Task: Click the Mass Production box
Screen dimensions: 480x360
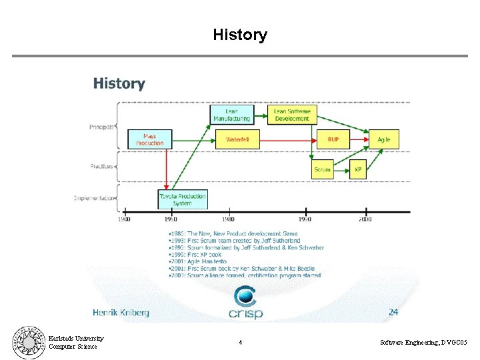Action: (149, 139)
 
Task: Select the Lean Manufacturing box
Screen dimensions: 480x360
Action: (231, 115)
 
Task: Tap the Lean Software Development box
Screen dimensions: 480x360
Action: (292, 115)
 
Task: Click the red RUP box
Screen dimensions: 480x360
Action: (333, 139)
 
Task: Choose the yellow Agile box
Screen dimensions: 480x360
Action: (384, 139)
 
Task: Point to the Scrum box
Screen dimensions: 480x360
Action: (323, 169)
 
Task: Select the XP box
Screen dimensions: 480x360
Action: (358, 169)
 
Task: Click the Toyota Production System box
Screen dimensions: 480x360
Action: (183, 199)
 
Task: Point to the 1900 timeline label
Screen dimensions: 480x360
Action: (124, 219)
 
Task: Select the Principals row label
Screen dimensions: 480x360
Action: (102, 127)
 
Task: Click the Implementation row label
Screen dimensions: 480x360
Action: (94, 197)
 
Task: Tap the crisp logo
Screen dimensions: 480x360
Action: (246, 303)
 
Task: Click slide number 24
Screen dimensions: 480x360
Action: (393, 311)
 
